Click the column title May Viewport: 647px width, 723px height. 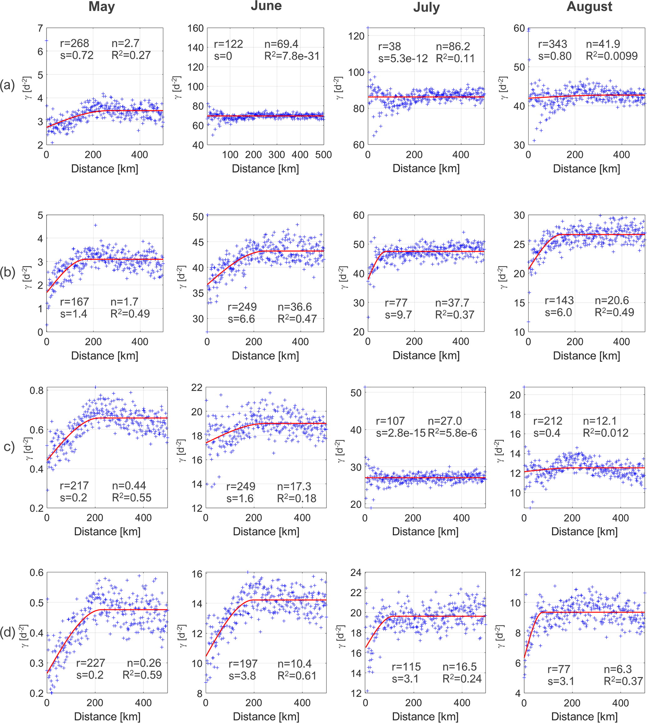pos(102,7)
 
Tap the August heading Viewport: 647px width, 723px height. pos(589,7)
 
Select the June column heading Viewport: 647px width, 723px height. pos(266,6)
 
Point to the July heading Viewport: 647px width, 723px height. pos(426,8)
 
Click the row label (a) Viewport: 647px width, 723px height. pos(7,85)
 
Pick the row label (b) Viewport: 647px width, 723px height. pos(7,272)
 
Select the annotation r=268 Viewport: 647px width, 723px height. pos(74,44)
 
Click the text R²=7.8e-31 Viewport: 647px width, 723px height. pos(292,56)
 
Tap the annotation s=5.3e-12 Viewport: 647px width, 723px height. pos(403,59)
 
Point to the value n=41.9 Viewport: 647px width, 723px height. pos(603,44)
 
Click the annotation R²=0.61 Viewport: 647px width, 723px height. pos(297,676)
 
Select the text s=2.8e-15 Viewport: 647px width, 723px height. pos(401,433)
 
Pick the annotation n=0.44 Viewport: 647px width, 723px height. pos(129,485)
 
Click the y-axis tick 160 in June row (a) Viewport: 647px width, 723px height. pos(196,28)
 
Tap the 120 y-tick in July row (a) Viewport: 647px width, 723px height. pos(356,36)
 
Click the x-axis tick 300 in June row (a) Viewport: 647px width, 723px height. pos(277,155)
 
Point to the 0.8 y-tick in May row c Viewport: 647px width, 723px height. pos(37,390)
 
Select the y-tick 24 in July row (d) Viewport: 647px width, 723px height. pos(356,573)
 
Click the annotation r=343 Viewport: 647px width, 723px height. pos(552,44)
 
